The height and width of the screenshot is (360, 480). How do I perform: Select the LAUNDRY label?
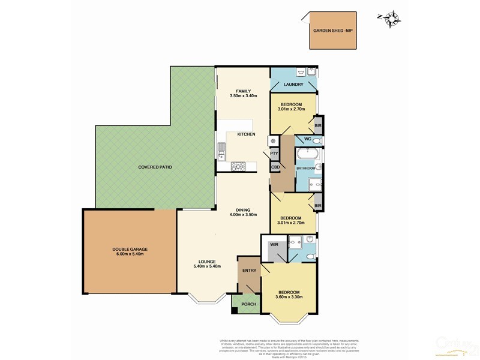click(x=293, y=85)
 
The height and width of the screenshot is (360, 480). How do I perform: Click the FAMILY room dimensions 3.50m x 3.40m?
click(x=243, y=96)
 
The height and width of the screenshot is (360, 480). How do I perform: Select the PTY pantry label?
click(x=274, y=154)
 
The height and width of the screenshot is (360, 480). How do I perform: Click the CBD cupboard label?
click(x=275, y=167)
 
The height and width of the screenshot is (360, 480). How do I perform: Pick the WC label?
click(x=306, y=140)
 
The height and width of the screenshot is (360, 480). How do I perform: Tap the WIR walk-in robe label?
click(x=274, y=245)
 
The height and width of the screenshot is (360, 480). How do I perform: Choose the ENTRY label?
click(x=249, y=271)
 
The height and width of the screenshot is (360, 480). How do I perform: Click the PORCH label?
click(x=248, y=304)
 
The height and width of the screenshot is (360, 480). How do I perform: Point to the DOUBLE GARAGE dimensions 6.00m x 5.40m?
click(x=130, y=254)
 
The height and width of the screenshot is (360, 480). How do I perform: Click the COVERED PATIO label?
click(x=155, y=167)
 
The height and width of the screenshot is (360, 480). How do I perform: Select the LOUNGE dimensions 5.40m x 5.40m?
click(x=207, y=266)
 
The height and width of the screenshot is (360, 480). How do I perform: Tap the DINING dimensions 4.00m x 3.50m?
click(x=243, y=214)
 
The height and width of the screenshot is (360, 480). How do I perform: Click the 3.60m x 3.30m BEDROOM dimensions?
click(x=289, y=296)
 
